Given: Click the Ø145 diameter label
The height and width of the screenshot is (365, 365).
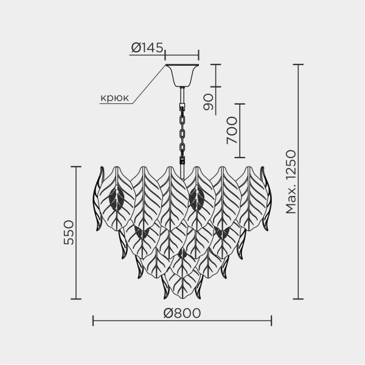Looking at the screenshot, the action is click(147, 47).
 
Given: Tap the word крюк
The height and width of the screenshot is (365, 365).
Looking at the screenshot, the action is click(114, 98).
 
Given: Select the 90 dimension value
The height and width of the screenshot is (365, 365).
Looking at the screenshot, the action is click(208, 102).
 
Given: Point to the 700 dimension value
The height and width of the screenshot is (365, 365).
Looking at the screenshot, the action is click(232, 130).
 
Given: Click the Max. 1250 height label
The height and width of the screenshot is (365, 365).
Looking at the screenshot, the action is click(291, 182).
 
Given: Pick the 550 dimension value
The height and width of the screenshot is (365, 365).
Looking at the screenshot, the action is click(69, 232).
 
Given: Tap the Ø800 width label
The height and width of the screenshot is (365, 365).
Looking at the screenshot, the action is click(182, 313).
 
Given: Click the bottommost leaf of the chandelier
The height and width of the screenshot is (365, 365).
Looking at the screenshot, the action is click(182, 285).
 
